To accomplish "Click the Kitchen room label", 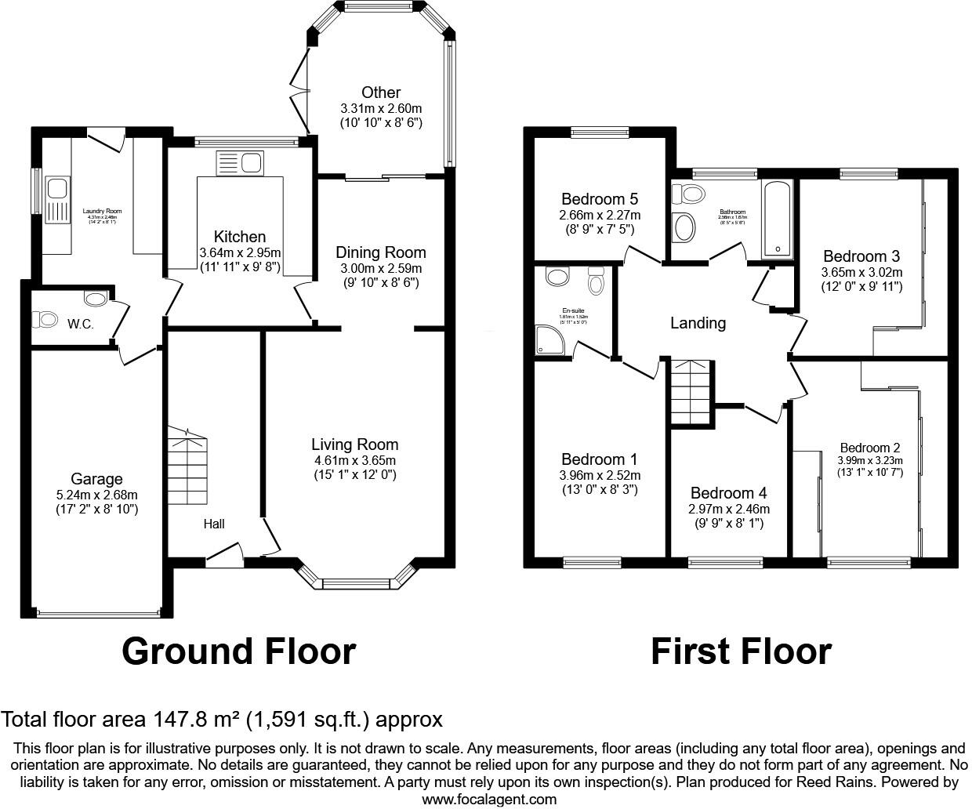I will [x=240, y=237].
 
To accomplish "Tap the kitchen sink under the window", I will [x=240, y=163].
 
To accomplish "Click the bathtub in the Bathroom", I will [x=778, y=218].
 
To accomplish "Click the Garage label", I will [x=96, y=479].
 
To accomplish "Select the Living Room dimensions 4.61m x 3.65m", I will [x=354, y=460].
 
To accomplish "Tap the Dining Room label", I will [x=380, y=252].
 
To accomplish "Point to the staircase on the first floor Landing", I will [x=691, y=392].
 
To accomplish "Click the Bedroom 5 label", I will [x=600, y=199].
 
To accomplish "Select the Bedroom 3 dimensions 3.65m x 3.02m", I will [x=861, y=272].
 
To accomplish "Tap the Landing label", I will [x=698, y=323].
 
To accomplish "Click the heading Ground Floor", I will [x=238, y=651].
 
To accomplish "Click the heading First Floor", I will [x=741, y=651].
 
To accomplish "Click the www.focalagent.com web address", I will [x=489, y=800].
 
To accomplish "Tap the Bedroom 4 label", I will [x=728, y=493].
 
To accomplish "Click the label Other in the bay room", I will [x=381, y=93].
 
